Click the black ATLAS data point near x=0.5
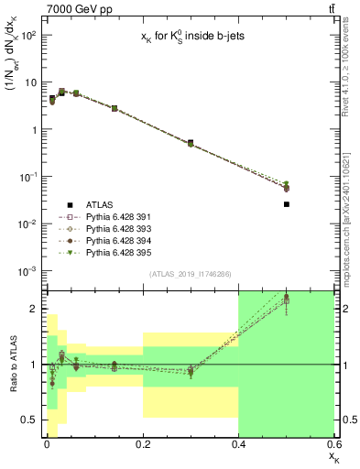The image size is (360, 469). (x=287, y=204)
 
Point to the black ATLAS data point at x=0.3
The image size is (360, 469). (x=191, y=143)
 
